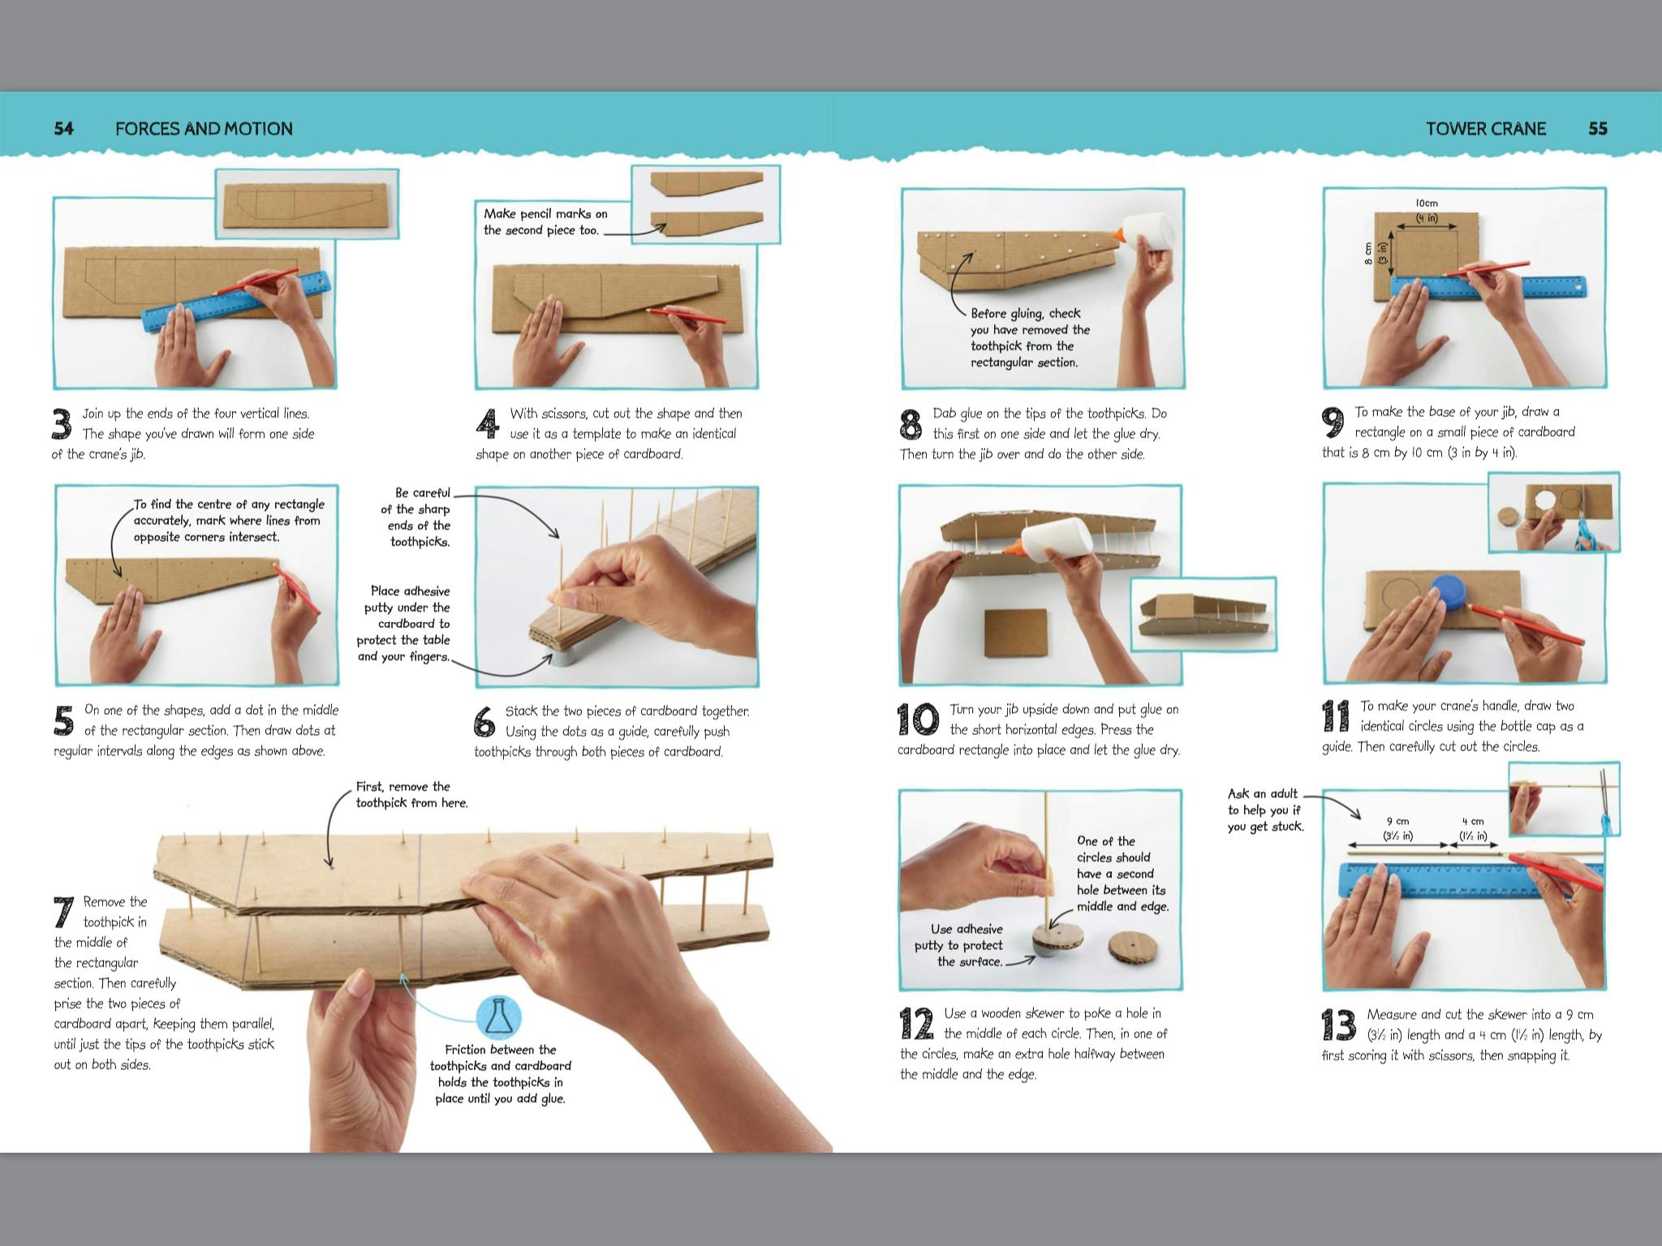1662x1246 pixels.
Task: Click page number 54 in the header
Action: tap(63, 128)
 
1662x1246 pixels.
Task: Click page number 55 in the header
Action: tap(1597, 128)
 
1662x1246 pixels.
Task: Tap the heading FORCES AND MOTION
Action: tap(204, 128)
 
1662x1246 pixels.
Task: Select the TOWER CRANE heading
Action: tap(1485, 128)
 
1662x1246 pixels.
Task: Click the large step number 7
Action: tap(64, 913)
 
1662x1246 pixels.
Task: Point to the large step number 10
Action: tap(918, 719)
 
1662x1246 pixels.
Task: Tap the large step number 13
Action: tap(1338, 1025)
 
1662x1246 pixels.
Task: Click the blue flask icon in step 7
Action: tap(498, 1016)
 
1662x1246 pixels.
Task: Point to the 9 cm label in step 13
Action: tap(1397, 821)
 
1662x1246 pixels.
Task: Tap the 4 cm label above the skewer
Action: tap(1472, 821)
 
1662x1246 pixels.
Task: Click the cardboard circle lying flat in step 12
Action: tap(1133, 947)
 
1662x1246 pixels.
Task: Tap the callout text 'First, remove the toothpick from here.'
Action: tap(411, 795)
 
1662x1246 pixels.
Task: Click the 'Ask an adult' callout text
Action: tap(1264, 810)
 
